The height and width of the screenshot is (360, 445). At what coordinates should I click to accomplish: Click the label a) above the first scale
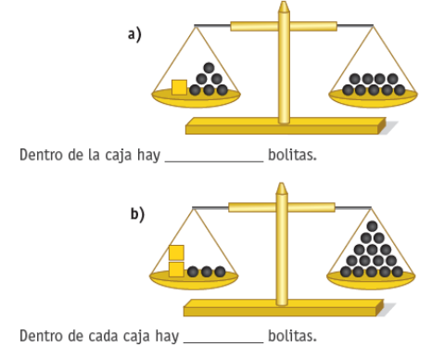click(134, 34)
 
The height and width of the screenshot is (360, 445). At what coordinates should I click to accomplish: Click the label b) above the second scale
click(136, 214)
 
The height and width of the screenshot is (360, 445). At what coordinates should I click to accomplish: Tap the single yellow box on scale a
click(179, 87)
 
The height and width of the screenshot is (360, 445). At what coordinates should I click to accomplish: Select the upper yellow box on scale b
click(176, 252)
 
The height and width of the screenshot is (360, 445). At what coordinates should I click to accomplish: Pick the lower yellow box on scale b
click(176, 269)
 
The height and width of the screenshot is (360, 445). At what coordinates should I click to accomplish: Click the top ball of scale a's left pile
click(209, 68)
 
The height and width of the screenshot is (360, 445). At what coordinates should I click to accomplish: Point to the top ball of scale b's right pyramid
click(372, 226)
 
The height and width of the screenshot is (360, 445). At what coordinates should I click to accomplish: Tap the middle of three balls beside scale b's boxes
click(207, 272)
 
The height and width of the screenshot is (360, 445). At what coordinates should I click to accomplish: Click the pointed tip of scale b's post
click(282, 186)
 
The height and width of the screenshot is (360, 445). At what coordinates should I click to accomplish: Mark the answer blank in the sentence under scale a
click(214, 157)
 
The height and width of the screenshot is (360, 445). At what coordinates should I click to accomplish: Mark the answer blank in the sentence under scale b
click(222, 338)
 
